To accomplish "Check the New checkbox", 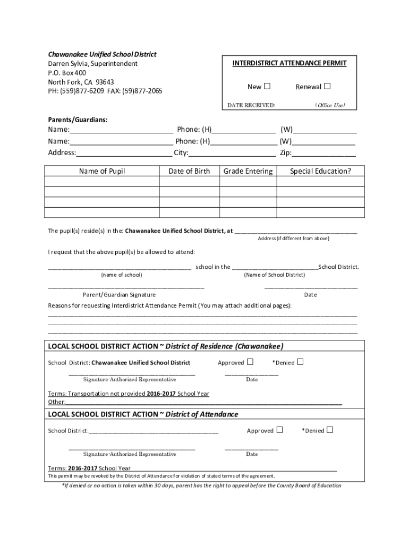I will click(267, 86).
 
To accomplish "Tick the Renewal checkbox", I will click(327, 86).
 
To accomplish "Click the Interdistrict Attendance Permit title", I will click(289, 63).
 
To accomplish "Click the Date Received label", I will click(251, 105).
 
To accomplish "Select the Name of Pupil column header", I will click(102, 171).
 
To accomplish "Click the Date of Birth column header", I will click(189, 171).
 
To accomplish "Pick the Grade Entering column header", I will click(248, 171).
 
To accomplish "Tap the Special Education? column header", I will click(320, 171).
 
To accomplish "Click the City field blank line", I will click(232, 154).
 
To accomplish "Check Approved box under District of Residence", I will click(250, 362).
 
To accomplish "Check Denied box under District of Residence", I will click(300, 362).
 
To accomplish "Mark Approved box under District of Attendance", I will click(279, 430).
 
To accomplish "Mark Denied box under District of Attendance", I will click(329, 430).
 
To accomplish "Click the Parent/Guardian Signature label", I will click(119, 295).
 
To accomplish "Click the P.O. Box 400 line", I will click(67, 73).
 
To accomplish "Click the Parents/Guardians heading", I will click(78, 120).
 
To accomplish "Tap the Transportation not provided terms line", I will click(129, 394).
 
